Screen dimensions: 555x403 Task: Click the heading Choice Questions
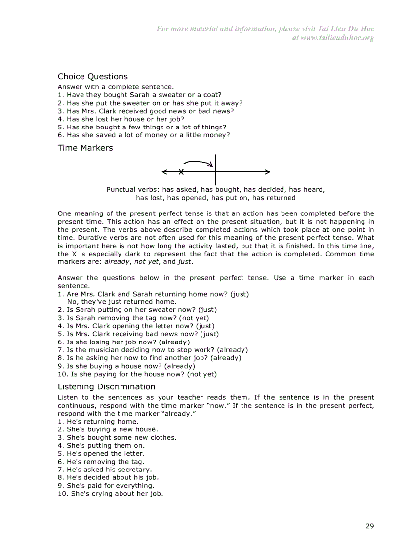click(x=92, y=76)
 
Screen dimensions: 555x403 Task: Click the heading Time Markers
click(x=85, y=148)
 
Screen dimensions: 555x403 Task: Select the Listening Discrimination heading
click(x=106, y=386)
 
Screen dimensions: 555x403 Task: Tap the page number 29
click(x=369, y=526)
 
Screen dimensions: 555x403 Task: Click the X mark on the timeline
click(x=181, y=172)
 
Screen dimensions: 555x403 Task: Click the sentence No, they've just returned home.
click(x=121, y=301)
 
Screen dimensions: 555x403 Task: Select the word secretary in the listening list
click(x=134, y=469)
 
